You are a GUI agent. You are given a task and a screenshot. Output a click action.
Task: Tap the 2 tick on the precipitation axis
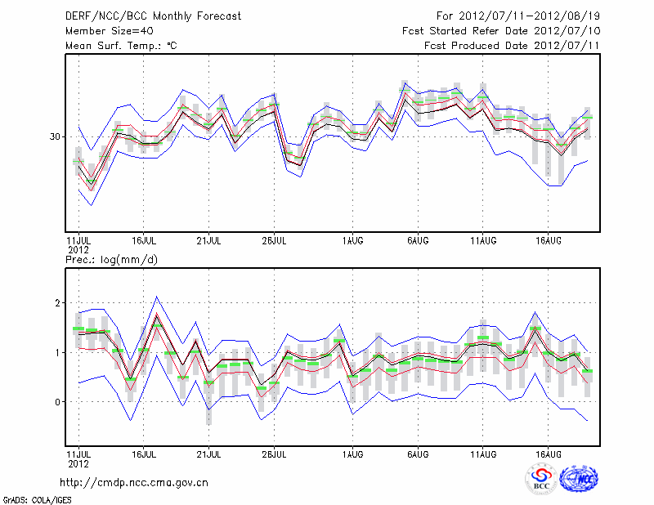point(57,303)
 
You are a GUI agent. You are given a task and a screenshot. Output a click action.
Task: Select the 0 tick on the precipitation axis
point(57,402)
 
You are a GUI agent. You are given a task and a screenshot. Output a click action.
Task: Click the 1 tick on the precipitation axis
point(57,353)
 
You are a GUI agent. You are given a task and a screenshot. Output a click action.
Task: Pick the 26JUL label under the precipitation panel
point(275,454)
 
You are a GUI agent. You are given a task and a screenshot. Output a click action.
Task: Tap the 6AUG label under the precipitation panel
point(419,454)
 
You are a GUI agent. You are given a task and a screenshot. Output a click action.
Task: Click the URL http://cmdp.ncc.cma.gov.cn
point(134,483)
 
